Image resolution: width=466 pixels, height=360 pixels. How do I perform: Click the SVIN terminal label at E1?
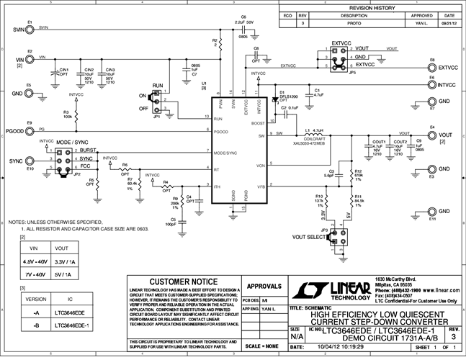14,31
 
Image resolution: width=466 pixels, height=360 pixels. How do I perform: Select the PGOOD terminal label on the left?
14,132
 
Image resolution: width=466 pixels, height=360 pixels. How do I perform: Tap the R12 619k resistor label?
358,175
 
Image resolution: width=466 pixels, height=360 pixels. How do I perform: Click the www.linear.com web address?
437,287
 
